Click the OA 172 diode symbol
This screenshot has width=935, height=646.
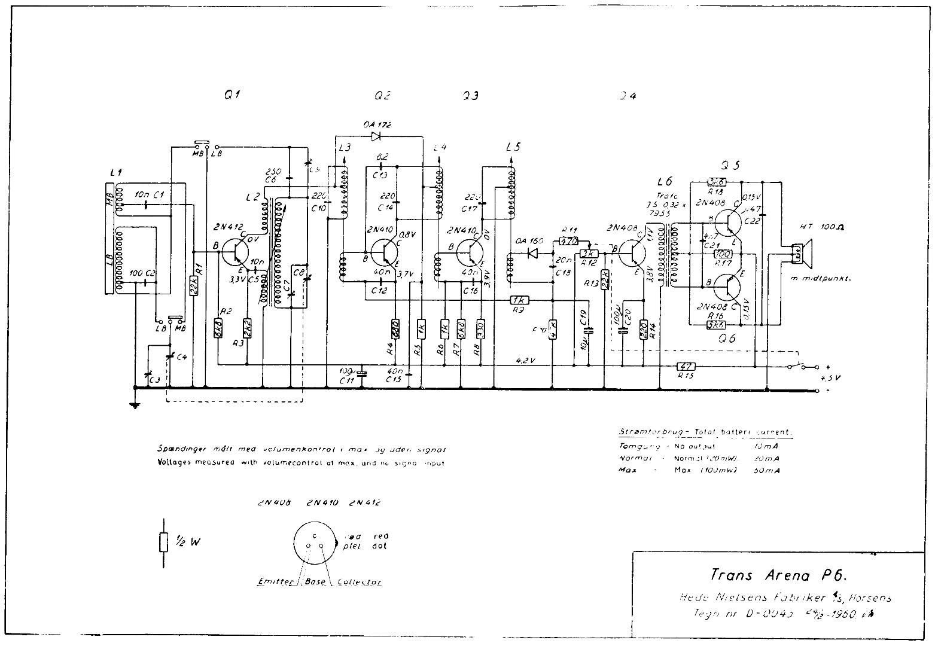(x=376, y=136)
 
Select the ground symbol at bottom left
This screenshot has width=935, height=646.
(x=136, y=404)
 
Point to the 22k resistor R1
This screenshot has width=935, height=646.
(x=193, y=288)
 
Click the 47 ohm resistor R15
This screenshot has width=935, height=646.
(x=686, y=366)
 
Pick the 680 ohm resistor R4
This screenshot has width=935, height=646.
(x=395, y=328)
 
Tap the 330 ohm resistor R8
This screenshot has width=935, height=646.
(x=479, y=328)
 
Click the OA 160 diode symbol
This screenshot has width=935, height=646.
(x=529, y=252)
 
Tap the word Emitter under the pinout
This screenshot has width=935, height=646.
(x=273, y=582)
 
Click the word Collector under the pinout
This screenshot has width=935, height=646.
(x=360, y=582)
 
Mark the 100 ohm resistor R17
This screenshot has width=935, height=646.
(x=723, y=254)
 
